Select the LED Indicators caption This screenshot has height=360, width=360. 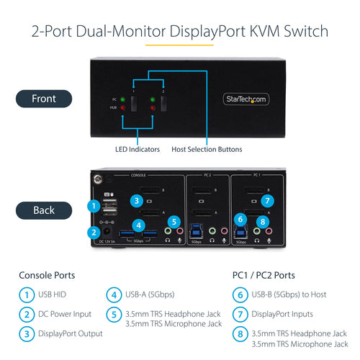138,149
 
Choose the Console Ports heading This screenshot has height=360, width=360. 46,276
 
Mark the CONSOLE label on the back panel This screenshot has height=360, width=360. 138,175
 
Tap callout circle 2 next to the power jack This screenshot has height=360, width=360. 92,232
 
